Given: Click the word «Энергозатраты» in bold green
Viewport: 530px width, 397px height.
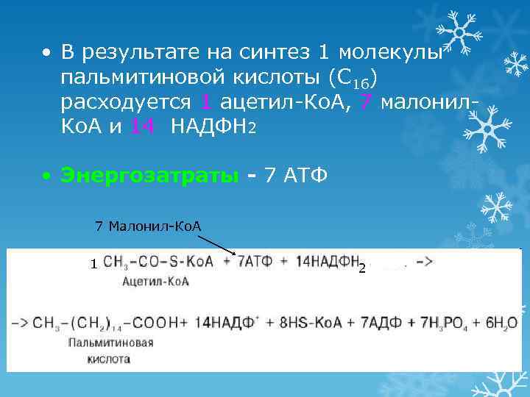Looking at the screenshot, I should pos(150,176).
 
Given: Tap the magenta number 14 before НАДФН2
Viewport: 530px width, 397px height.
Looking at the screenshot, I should pos(141,126).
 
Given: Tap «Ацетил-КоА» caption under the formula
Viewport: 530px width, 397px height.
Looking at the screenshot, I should pos(155,281).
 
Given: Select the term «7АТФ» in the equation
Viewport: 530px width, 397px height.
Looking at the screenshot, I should pos(259,262).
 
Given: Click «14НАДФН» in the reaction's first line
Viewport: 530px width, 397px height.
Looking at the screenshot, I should pos(325,262).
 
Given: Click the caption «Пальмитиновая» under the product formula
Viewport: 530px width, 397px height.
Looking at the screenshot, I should pos(111,343).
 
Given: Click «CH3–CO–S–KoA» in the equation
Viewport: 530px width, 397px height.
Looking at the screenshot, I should pos(157,262).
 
